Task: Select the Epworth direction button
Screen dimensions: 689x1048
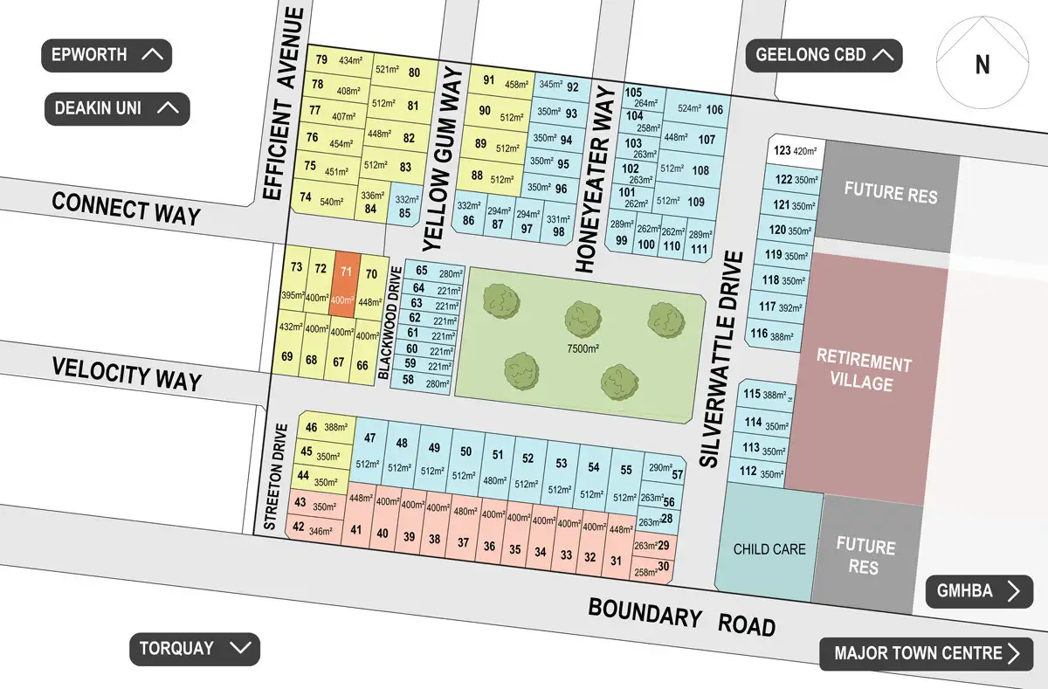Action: click(107, 55)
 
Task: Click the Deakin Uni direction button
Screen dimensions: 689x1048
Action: click(117, 109)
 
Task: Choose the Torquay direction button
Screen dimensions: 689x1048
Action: click(195, 649)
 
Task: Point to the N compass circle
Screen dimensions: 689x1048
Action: click(982, 64)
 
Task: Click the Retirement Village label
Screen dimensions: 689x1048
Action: click(864, 373)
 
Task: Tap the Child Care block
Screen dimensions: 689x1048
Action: click(769, 548)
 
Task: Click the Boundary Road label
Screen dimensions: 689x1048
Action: click(681, 617)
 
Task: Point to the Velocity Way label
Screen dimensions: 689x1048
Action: click(127, 373)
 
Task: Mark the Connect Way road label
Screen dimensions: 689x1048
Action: click(126, 209)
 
